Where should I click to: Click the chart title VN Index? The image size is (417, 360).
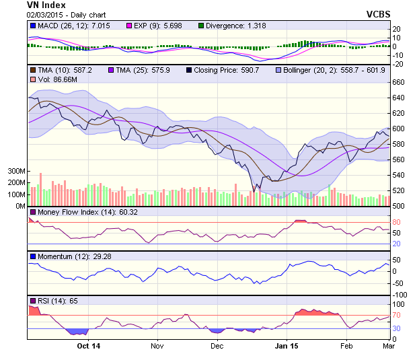tap(46, 5)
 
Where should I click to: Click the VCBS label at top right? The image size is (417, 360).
tap(379, 14)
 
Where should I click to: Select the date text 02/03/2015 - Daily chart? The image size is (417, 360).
tap(66, 15)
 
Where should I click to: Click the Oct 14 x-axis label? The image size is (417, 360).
tap(88, 347)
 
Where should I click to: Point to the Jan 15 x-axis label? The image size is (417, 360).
tap(287, 347)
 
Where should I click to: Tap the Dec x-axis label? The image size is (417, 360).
tap(217, 347)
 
